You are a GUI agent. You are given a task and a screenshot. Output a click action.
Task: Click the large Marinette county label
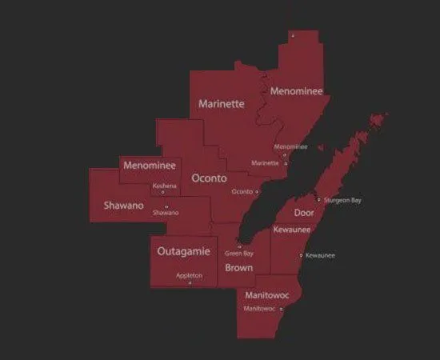pos(221,104)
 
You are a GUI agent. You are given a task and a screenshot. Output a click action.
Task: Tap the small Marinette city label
pos(265,163)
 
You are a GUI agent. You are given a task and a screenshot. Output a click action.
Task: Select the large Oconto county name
pos(210,178)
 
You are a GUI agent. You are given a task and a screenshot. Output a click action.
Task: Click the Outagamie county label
pos(183,251)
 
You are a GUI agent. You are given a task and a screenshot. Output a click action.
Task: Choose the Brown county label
pos(238,267)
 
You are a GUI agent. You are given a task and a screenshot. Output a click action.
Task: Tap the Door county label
pos(304,213)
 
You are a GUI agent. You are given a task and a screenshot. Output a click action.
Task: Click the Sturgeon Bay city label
pos(342,200)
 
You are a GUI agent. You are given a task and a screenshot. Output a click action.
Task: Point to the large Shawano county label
pos(123,206)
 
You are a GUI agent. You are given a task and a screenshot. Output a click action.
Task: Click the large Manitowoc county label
pos(267,295)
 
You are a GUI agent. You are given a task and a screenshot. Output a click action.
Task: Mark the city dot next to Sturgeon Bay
pos(318,199)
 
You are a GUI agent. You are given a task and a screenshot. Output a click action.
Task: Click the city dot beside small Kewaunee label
pos(301,255)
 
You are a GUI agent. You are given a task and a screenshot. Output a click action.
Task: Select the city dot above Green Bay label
pos(239,245)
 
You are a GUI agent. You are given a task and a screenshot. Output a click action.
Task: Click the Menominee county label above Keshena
pos(149,166)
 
